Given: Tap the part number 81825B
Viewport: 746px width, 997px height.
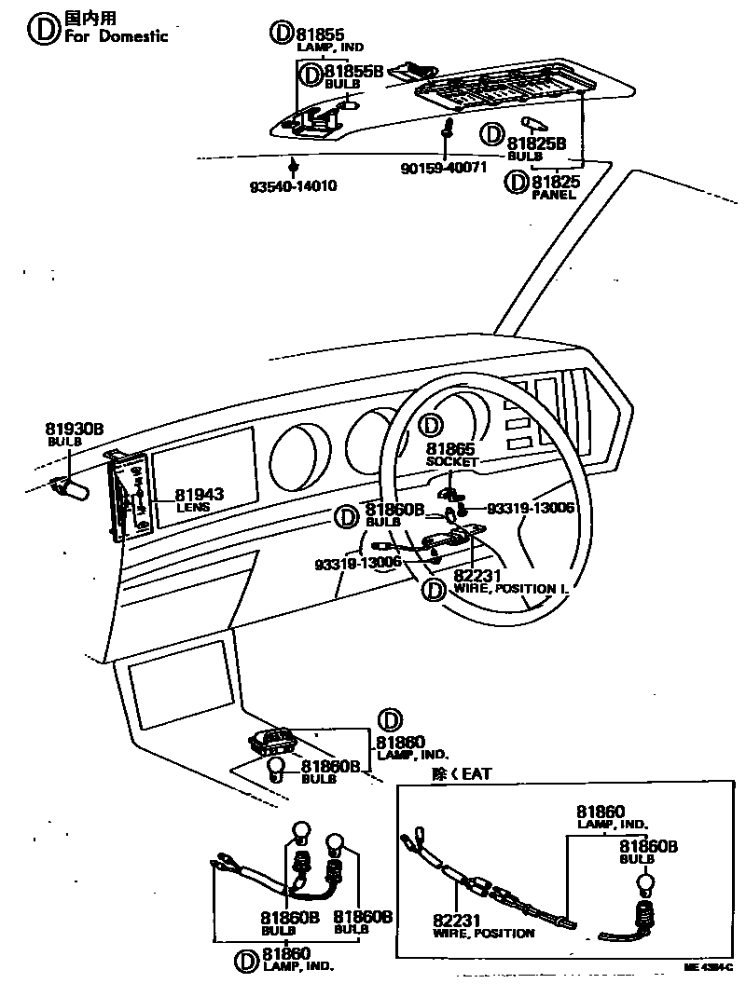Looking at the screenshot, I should (x=536, y=143).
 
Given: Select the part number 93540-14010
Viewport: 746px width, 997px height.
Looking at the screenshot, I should (x=293, y=186).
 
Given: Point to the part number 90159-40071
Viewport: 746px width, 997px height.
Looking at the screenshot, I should (x=444, y=168).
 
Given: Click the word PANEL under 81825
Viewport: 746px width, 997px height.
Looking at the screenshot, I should (x=553, y=196).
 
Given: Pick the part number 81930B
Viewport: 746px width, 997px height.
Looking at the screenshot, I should (x=75, y=429).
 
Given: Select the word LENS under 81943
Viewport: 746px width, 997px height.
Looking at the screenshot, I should (x=193, y=508).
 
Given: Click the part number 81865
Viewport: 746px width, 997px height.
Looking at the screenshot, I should (x=451, y=449).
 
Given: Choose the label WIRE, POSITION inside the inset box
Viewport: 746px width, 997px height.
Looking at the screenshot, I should (x=484, y=933).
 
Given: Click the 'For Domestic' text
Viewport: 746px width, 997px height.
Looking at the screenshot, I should (x=117, y=36).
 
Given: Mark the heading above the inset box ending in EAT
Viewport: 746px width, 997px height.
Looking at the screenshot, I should (x=461, y=773).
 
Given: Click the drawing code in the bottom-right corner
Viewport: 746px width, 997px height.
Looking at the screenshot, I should (x=709, y=968).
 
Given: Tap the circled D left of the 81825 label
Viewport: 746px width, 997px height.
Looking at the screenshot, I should (x=516, y=183).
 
